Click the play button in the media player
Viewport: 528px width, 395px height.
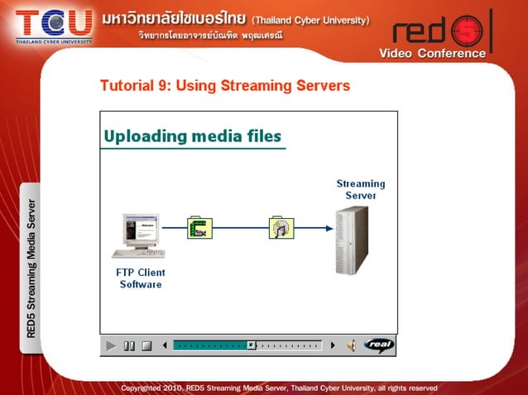(111, 345)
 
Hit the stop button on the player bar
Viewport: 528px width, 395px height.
(146, 345)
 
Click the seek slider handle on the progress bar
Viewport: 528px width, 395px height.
(251, 345)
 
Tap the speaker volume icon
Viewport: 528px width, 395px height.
(351, 345)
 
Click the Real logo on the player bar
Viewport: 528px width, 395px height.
(379, 345)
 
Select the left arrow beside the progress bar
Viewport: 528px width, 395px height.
(165, 345)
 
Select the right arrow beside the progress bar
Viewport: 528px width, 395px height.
(333, 345)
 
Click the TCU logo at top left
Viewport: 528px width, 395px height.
(53, 23)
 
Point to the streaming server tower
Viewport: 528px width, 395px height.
(352, 240)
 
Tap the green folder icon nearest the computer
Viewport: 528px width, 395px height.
(199, 227)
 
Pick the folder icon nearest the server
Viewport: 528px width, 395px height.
(281, 227)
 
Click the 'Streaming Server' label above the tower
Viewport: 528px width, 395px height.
(361, 189)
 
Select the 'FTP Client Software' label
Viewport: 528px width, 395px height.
(141, 278)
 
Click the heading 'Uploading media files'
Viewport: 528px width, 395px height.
(193, 136)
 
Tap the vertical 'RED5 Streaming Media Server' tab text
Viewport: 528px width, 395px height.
(31, 268)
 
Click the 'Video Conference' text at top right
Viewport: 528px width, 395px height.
(432, 54)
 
